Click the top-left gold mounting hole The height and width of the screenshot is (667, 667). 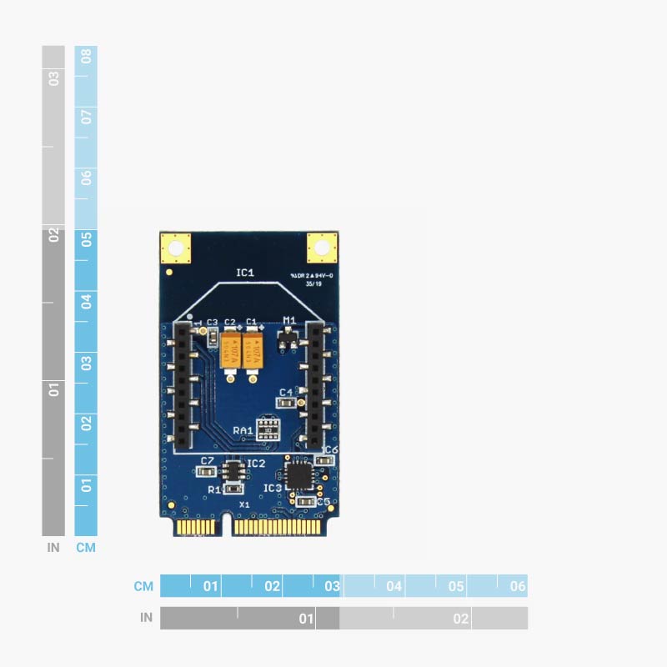point(174,248)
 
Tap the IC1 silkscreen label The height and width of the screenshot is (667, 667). point(245,273)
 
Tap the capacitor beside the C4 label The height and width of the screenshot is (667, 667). point(286,403)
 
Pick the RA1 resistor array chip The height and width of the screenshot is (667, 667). point(268,429)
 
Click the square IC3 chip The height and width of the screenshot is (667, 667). point(297,476)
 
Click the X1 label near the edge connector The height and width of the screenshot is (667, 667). point(244,504)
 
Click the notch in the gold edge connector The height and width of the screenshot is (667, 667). point(226,527)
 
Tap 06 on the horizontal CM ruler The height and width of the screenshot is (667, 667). point(518,586)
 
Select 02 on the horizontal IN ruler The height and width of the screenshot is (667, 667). point(460,619)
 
